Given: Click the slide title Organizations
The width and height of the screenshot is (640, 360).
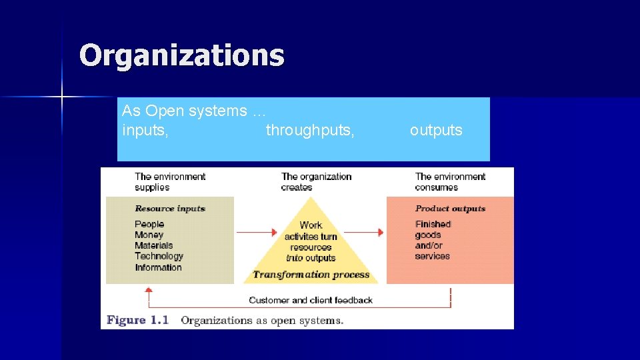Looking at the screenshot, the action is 181,55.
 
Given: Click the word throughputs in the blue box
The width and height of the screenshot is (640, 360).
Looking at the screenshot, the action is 310,131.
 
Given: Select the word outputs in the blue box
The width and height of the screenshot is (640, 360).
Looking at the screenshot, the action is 436,131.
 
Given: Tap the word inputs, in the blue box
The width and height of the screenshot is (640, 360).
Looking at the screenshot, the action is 145,131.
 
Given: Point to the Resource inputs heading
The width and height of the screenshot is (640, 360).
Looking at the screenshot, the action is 170,209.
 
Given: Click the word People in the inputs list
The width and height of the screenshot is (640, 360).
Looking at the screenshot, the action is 149,224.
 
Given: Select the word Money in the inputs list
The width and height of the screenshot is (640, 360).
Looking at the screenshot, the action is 149,235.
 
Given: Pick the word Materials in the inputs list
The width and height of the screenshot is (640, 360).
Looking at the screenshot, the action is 153,245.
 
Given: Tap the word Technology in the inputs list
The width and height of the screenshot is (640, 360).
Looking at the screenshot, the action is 159,256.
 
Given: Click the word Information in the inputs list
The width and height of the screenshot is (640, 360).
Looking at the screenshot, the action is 158,267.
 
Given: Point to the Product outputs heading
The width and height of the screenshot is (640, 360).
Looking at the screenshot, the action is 451,209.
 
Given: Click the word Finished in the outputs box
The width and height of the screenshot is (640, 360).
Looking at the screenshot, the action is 433,224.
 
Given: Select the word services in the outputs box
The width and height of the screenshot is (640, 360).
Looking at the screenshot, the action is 432,256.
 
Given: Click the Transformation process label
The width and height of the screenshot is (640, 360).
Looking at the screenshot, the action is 311,275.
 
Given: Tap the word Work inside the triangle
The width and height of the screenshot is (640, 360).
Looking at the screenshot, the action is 311,225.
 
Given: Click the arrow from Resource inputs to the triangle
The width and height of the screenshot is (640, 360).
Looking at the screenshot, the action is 257,232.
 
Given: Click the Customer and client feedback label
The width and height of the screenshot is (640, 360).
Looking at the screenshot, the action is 311,300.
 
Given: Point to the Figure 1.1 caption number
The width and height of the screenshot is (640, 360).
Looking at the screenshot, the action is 137,321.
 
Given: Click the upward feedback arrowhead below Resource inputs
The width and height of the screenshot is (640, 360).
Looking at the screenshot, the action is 149,290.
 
